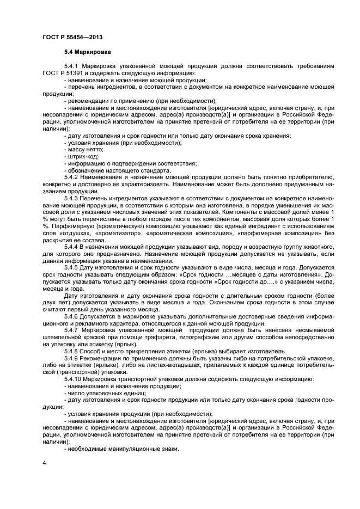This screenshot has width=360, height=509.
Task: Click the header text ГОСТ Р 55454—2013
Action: click(72, 37)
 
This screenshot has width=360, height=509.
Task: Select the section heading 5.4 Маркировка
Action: click(87, 52)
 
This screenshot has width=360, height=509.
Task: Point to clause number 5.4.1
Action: click(72, 66)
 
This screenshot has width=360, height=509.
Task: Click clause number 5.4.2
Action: click(72, 177)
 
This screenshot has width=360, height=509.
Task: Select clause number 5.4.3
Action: click(72, 200)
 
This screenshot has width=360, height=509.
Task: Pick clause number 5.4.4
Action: click(72, 247)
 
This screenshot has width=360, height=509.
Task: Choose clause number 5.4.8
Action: click(72, 351)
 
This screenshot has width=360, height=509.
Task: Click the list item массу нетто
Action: click(85, 149)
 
